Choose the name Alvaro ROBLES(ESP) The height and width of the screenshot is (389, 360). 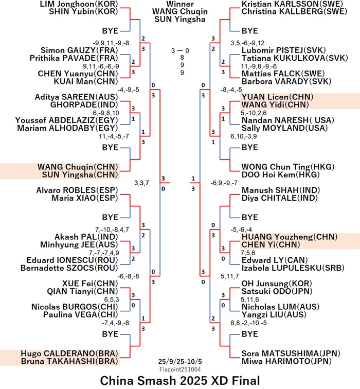coord(78,190)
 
